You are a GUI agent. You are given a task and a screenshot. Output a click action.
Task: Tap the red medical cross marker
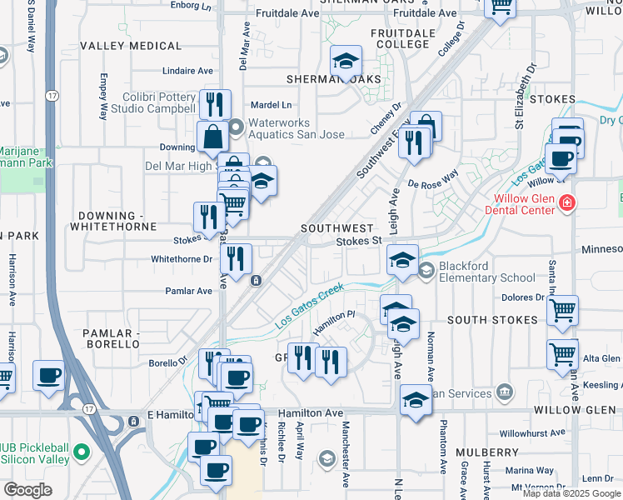point(567,202)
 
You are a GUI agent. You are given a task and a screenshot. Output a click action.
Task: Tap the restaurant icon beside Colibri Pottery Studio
point(215,103)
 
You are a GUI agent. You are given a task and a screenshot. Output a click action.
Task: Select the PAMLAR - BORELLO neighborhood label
point(111,337)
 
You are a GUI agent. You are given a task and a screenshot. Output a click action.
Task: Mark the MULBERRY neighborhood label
point(487,452)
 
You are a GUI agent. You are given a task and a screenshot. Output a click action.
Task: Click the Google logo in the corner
point(27,490)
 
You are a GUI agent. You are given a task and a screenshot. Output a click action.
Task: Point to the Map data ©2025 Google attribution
point(571,493)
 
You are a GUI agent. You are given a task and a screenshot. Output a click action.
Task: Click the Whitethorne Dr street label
point(182,259)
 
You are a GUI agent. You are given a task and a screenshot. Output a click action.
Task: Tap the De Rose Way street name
point(433,179)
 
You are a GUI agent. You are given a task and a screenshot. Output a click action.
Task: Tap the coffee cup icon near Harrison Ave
point(48,375)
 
